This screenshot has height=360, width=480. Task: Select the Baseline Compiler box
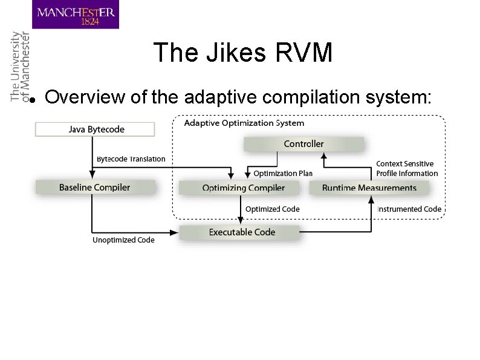click(94, 188)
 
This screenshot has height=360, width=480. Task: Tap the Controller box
click(303, 144)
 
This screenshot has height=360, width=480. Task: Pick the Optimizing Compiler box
click(243, 188)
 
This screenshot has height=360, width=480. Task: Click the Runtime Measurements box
click(369, 188)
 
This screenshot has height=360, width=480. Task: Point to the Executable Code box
click(241, 232)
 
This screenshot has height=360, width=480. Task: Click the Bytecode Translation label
click(131, 159)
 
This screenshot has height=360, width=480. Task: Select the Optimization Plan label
click(282, 174)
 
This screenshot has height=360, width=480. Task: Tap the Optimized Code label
click(272, 209)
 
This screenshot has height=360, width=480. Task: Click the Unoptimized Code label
click(123, 240)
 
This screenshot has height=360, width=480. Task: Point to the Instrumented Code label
click(409, 209)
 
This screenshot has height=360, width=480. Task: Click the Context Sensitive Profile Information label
click(407, 169)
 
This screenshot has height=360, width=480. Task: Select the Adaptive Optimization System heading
click(244, 123)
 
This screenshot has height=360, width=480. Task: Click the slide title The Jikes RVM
click(243, 53)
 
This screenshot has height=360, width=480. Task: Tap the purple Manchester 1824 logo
click(76, 15)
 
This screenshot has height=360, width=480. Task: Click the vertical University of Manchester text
click(20, 67)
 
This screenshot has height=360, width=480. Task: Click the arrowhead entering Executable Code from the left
click(177, 232)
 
